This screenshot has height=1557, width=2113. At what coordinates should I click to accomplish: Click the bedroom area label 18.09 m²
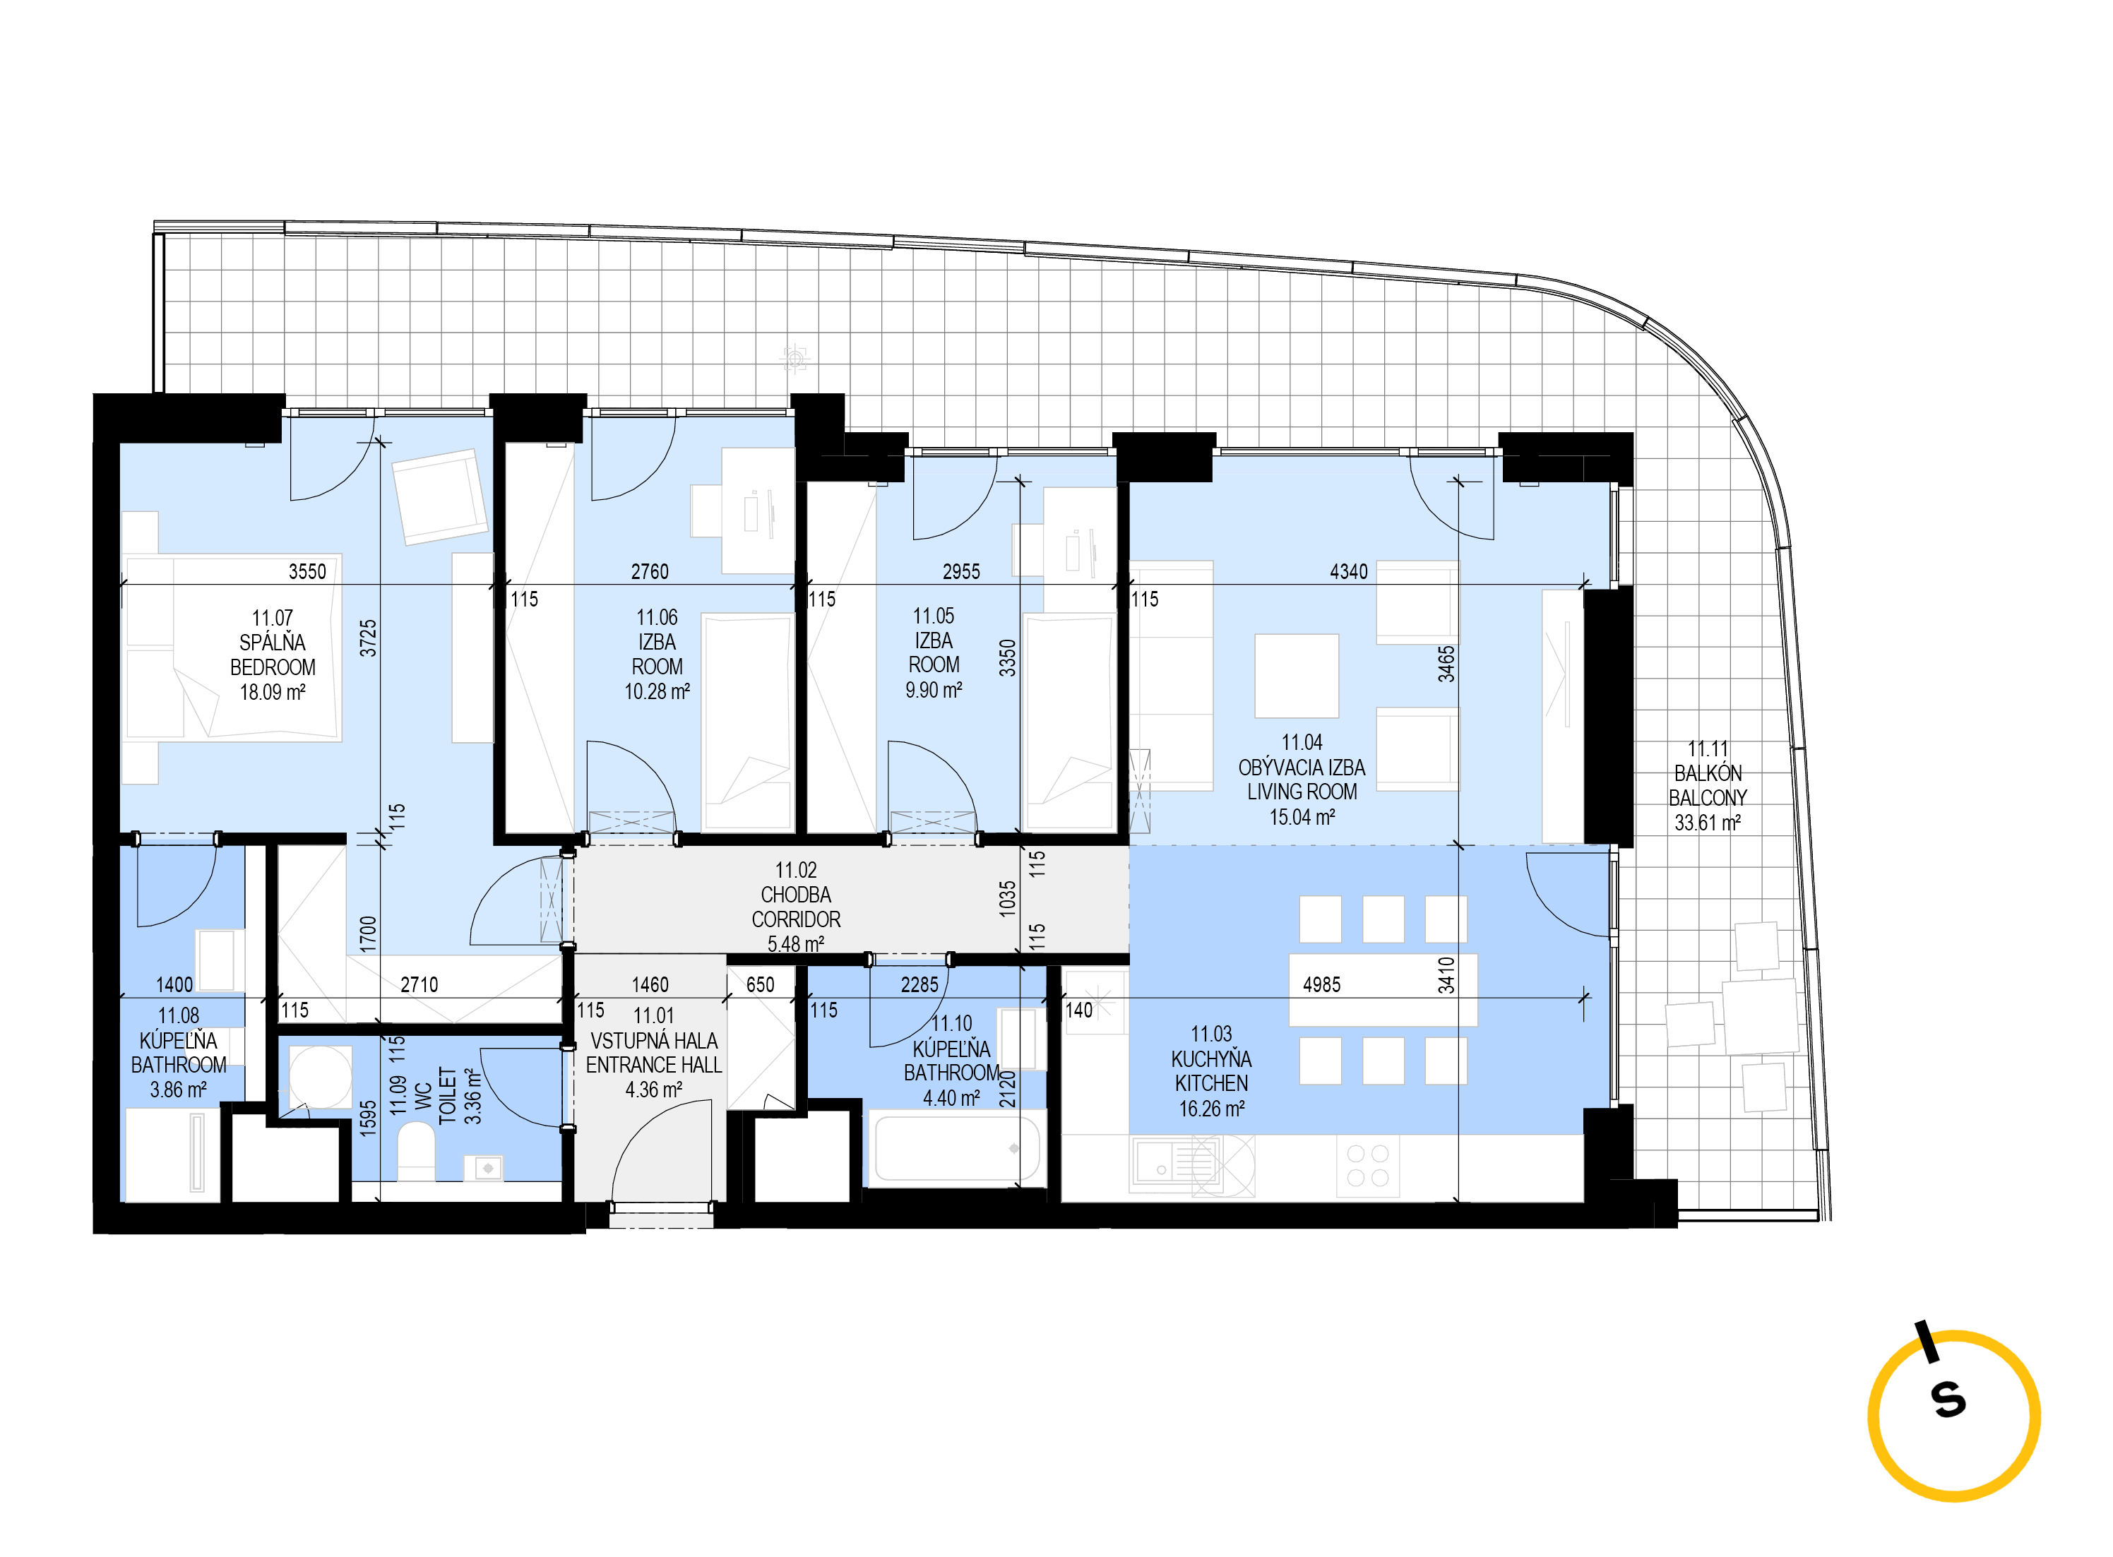[x=273, y=693]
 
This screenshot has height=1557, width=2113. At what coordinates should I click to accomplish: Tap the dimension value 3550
[x=307, y=572]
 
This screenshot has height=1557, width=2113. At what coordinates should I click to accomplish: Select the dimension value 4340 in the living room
[x=1349, y=572]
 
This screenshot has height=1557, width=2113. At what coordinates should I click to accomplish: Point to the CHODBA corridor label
[x=795, y=895]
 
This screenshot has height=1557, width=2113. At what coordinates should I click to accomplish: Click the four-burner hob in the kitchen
[x=1367, y=1165]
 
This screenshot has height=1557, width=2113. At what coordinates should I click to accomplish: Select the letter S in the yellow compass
[x=1949, y=1400]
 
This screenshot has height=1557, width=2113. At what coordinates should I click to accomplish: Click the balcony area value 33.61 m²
[x=1707, y=823]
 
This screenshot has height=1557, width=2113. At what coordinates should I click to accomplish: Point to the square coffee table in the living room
[x=1296, y=676]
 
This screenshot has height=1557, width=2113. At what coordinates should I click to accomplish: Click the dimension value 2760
[x=649, y=572]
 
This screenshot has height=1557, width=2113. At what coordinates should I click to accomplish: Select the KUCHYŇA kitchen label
[x=1211, y=1059]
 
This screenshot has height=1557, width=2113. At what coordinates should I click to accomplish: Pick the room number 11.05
[x=933, y=616]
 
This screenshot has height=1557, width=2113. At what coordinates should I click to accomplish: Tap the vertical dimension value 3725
[x=369, y=638]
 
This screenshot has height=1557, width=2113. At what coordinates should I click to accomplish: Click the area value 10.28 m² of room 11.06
[x=657, y=692]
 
